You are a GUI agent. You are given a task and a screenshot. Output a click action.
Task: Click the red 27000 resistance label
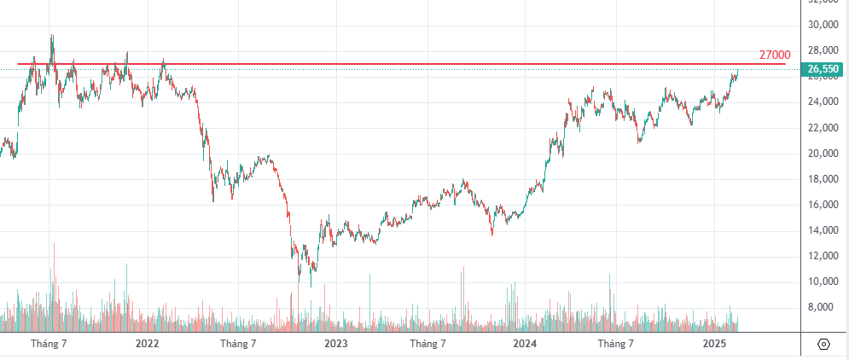774,55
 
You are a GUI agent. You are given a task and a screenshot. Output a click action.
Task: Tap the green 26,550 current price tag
824,69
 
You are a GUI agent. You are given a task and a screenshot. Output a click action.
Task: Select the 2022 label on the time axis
147,344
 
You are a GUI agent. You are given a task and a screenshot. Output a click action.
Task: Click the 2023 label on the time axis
336,344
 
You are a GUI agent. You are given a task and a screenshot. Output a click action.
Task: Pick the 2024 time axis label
525,344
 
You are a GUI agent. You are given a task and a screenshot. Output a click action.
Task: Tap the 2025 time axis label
714,344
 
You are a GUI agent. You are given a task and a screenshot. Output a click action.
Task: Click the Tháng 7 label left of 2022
49,344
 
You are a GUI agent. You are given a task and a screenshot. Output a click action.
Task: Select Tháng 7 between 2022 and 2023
238,344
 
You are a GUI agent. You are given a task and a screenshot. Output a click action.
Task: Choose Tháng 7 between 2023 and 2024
427,344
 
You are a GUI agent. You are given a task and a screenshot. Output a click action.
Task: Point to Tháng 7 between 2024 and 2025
616,344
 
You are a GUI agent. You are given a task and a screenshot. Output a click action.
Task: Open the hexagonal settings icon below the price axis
823,344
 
